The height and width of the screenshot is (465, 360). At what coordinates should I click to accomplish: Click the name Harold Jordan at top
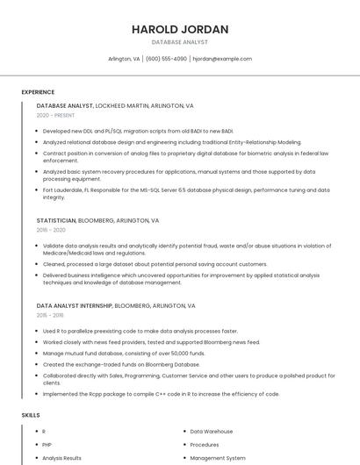pyautogui.click(x=180, y=29)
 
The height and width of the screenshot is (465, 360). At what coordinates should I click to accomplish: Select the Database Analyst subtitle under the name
pyautogui.click(x=180, y=42)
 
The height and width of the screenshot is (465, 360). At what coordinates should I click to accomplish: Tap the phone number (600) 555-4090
pyautogui.click(x=167, y=59)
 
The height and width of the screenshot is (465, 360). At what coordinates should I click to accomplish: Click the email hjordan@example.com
pyautogui.click(x=222, y=59)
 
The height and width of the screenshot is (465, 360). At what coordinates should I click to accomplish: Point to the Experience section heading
pyautogui.click(x=38, y=92)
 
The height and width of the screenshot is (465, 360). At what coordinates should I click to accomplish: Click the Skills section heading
pyautogui.click(x=31, y=414)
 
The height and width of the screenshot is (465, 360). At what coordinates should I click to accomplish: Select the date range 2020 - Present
pyautogui.click(x=55, y=115)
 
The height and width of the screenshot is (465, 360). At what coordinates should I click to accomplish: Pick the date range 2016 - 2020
pyautogui.click(x=51, y=230)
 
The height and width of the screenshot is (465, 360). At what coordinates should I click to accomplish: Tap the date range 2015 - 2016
pyautogui.click(x=50, y=315)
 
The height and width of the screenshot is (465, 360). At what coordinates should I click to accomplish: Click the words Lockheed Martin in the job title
pyautogui.click(x=123, y=105)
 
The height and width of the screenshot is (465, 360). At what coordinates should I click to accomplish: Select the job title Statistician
pyautogui.click(x=56, y=220)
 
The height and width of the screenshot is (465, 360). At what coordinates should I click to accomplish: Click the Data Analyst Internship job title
pyautogui.click(x=75, y=305)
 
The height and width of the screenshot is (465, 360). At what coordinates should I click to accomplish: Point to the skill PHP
pyautogui.click(x=47, y=445)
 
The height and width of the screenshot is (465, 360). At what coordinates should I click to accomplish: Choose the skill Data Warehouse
pyautogui.click(x=212, y=432)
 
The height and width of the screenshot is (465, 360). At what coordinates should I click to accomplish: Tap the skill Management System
pyautogui.click(x=218, y=458)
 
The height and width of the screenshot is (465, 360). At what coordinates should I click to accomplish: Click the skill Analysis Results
pyautogui.click(x=61, y=458)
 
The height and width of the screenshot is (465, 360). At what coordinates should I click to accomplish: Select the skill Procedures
pyautogui.click(x=205, y=445)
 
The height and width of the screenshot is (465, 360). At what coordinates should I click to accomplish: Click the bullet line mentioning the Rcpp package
pyautogui.click(x=161, y=394)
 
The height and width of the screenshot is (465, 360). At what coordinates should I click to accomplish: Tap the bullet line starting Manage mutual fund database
pyautogui.click(x=123, y=353)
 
